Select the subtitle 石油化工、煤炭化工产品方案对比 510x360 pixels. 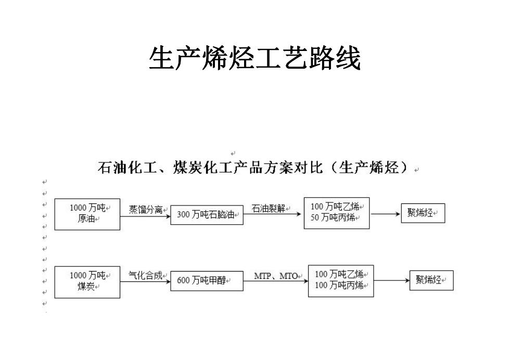click(210, 168)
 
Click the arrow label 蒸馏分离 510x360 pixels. click(145, 210)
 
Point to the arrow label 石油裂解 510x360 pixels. click(269, 209)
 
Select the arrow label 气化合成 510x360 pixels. click(145, 276)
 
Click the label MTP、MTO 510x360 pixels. click(276, 276)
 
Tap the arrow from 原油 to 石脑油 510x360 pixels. click(145, 216)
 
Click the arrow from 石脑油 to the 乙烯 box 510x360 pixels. click(272, 214)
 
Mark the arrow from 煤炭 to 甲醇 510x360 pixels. click(145, 281)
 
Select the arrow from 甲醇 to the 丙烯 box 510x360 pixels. click(276, 281)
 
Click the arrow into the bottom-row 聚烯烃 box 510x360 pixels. click(391, 280)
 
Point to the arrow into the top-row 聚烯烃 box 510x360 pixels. click(386, 214)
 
